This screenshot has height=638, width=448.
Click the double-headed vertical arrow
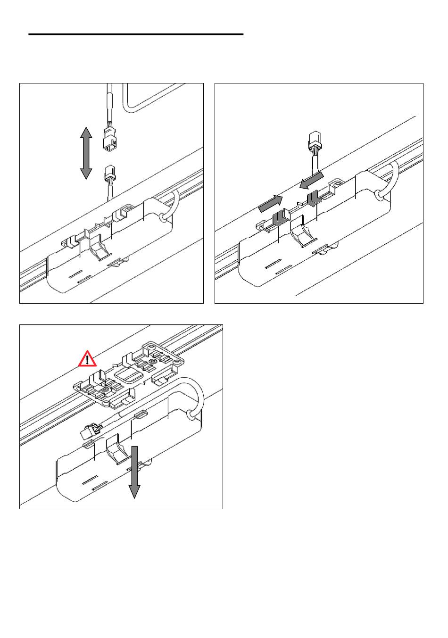(86, 153)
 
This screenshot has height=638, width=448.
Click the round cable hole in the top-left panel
(163, 218)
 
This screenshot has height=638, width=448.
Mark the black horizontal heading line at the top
(136, 34)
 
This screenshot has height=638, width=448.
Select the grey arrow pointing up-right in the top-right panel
(270, 204)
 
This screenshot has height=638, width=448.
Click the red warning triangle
(87, 360)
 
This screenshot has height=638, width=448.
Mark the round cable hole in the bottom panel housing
(191, 415)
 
